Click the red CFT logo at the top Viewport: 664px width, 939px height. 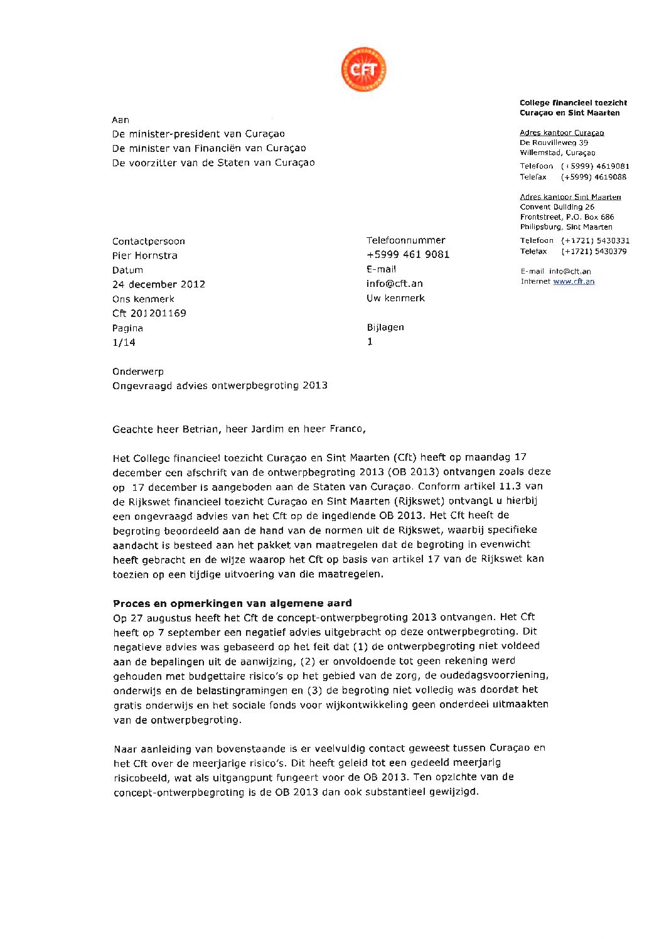pyautogui.click(x=363, y=69)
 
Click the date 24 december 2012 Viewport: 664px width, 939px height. pyautogui.click(x=159, y=284)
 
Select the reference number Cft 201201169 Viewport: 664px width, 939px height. pyautogui.click(x=149, y=313)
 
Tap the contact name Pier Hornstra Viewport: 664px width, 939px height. pyautogui.click(x=145, y=255)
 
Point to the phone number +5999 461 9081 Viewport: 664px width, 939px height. pyautogui.click(x=408, y=254)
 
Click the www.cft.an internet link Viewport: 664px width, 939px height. pyautogui.click(x=574, y=281)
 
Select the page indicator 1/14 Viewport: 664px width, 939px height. pyautogui.click(x=124, y=342)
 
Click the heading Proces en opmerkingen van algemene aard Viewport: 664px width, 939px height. pyautogui.click(x=232, y=603)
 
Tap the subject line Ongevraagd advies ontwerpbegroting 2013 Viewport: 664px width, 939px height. pyautogui.click(x=220, y=385)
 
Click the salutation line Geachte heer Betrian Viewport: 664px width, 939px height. pyautogui.click(x=238, y=429)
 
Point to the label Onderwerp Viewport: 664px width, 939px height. pyautogui.click(x=138, y=372)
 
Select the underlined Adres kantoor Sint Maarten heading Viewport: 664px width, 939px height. pyautogui.click(x=570, y=197)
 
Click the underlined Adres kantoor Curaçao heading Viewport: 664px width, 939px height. pyautogui.click(x=562, y=132)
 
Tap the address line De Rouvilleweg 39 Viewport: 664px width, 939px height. pyautogui.click(x=554, y=142)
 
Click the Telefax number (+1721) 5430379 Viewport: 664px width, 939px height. pyautogui.click(x=594, y=251)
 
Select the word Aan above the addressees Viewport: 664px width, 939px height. pyautogui.click(x=120, y=120)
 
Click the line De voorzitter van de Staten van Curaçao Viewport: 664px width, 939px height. pyautogui.click(x=213, y=163)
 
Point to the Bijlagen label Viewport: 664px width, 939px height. pyautogui.click(x=385, y=327)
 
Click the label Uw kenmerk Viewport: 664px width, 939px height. pyautogui.click(x=395, y=298)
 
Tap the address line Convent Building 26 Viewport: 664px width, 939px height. pyautogui.click(x=557, y=207)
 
